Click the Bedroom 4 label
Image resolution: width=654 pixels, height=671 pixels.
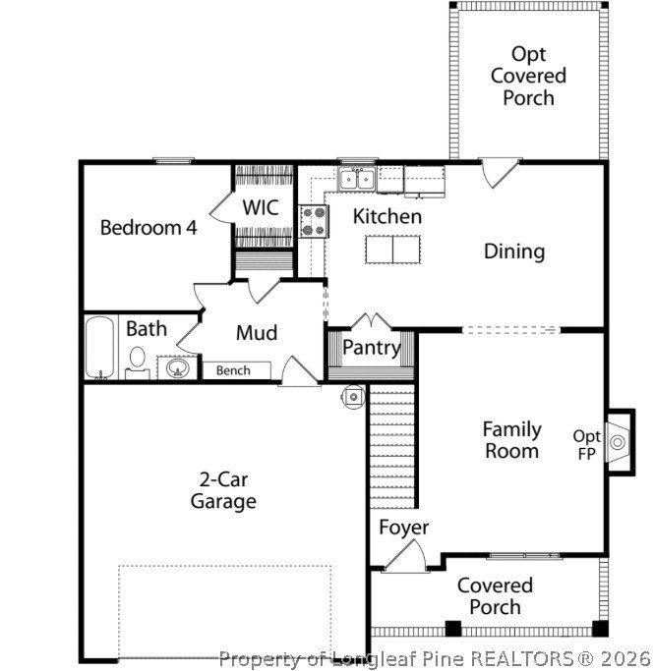pos(149,228)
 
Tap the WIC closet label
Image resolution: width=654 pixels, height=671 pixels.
pos(261,208)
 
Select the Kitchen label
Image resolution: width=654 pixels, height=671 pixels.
pos(387,216)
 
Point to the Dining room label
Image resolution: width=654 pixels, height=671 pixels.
pos(513,252)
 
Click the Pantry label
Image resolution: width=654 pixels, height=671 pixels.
pos(371,348)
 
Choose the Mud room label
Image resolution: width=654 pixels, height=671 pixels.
pos(256,333)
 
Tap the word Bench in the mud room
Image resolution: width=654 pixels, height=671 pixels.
pos(233,370)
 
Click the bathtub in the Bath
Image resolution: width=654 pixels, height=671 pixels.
pos(99,348)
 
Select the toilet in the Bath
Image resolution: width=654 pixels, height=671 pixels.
pos(137,362)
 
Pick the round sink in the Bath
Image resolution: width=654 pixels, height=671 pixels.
pos(178,368)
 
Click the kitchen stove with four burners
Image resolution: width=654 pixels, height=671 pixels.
pos(314,220)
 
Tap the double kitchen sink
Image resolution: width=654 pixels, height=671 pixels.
pos(355,179)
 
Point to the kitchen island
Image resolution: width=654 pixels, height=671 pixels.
pos(392,250)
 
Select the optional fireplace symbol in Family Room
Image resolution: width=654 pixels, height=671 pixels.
pos(619,442)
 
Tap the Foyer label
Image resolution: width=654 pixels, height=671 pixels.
pos(403,528)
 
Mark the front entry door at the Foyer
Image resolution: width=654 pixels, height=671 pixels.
pos(404,558)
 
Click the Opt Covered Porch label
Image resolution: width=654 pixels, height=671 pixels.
pos(528,76)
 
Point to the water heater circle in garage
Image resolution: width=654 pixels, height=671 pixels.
pos(353,395)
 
